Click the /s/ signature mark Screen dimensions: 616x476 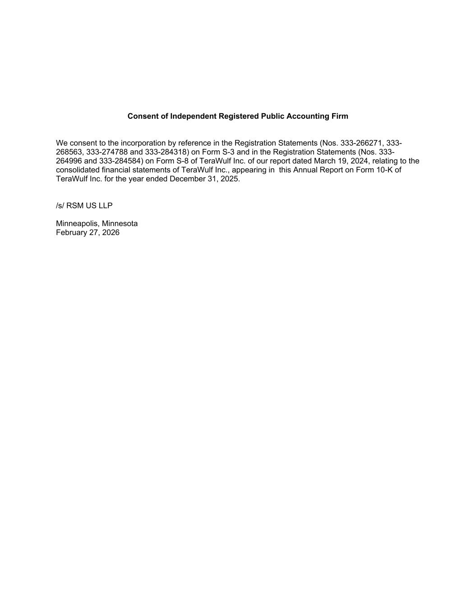pyautogui.click(x=60, y=206)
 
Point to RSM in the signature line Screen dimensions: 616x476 pyautogui.click(x=75, y=206)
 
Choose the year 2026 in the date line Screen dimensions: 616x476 pyautogui.click(x=111, y=233)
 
